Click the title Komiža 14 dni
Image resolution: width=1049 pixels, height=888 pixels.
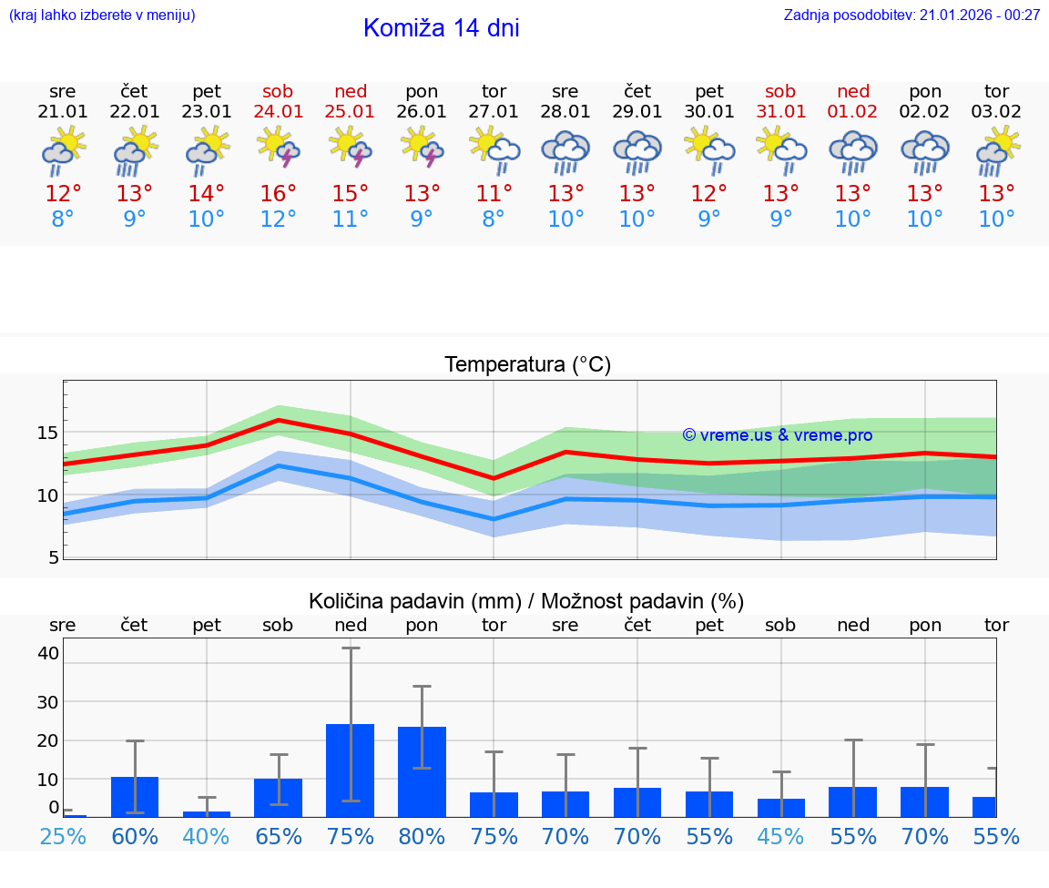click(441, 28)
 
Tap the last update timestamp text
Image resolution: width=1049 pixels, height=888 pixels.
click(912, 15)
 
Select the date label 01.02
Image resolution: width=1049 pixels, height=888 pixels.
click(853, 112)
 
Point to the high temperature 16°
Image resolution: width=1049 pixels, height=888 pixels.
click(279, 194)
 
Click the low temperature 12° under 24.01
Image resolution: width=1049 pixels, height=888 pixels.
click(279, 219)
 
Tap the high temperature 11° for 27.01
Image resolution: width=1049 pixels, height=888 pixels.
click(494, 194)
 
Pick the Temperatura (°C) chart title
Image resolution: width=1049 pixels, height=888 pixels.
click(527, 365)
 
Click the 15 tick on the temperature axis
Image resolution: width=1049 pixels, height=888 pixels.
click(46, 433)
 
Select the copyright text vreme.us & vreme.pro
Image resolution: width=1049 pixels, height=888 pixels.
click(778, 435)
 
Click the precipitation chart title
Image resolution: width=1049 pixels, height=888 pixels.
click(526, 601)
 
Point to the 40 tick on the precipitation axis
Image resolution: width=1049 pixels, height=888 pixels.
click(48, 653)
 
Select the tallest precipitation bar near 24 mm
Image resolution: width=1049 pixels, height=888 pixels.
click(351, 770)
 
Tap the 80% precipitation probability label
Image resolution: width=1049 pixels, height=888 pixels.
click(422, 836)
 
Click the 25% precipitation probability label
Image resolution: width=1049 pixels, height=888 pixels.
click(63, 836)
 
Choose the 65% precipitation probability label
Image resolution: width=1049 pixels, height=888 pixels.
click(279, 836)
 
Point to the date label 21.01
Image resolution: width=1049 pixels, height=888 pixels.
click(63, 112)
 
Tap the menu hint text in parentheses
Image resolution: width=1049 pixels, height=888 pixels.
click(102, 15)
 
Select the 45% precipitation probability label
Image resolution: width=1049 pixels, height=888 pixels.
click(781, 836)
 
